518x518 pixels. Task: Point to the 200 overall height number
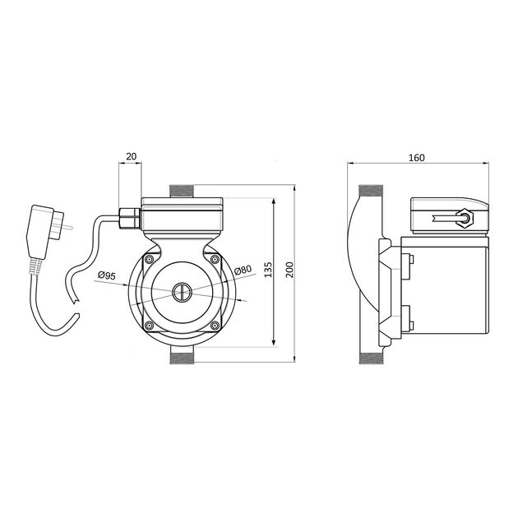(289, 271)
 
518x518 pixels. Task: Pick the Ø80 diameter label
(242, 270)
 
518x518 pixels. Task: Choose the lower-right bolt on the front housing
(216, 326)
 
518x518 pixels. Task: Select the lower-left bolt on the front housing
(149, 326)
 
